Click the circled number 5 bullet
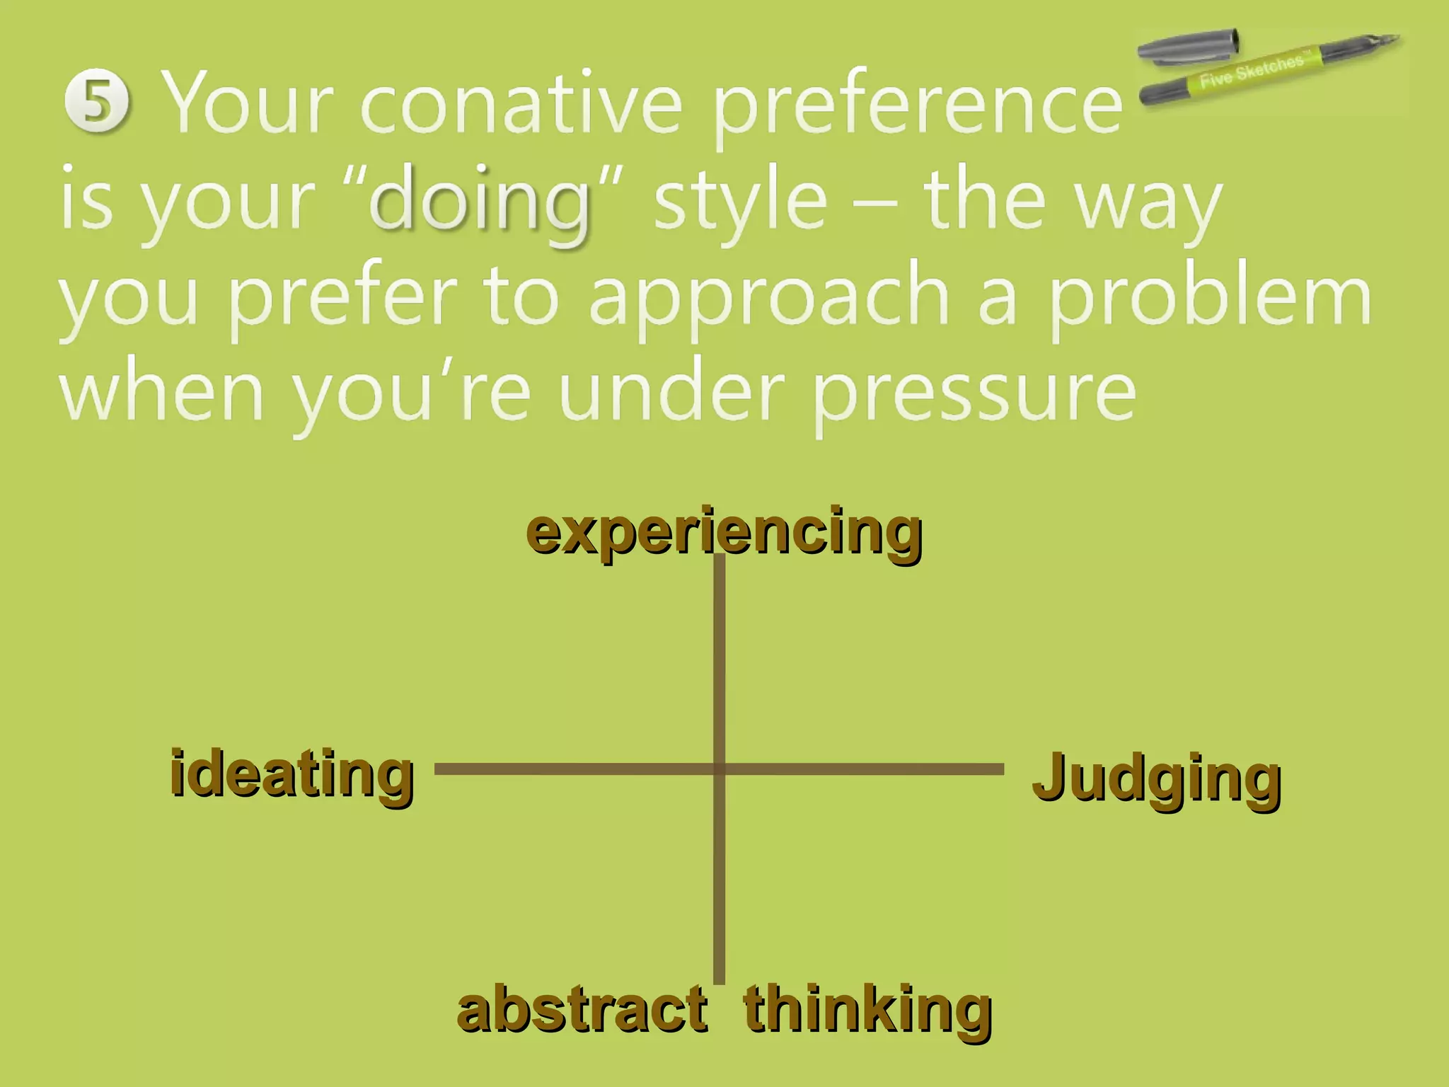coord(97,103)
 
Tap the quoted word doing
coord(480,202)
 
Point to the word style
coord(740,202)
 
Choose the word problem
coord(1209,297)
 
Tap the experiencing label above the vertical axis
coord(724,532)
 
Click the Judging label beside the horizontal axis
coord(1156,778)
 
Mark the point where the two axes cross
coord(719,769)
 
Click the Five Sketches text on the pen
coord(1251,70)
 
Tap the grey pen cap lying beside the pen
coord(1189,46)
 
